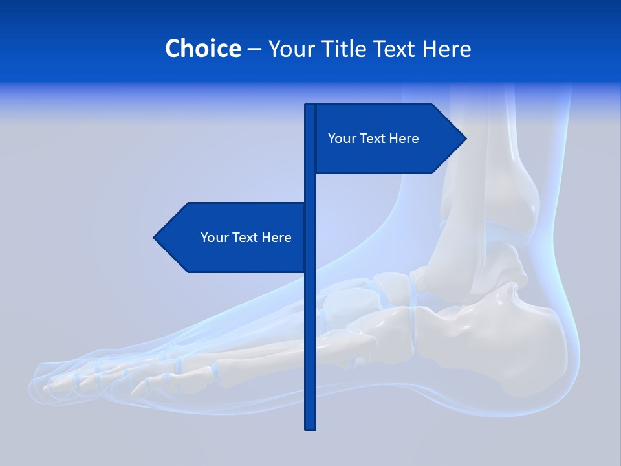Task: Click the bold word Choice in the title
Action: [x=202, y=49]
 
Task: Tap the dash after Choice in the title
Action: [x=254, y=49]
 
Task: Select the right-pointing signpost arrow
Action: [x=388, y=139]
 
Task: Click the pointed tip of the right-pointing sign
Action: [x=464, y=139]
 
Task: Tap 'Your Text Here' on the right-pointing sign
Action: [x=373, y=139]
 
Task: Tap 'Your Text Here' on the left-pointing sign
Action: [x=246, y=238]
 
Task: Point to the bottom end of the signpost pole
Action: [x=310, y=427]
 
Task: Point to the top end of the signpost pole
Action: [x=310, y=106]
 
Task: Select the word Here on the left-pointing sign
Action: [x=276, y=238]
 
